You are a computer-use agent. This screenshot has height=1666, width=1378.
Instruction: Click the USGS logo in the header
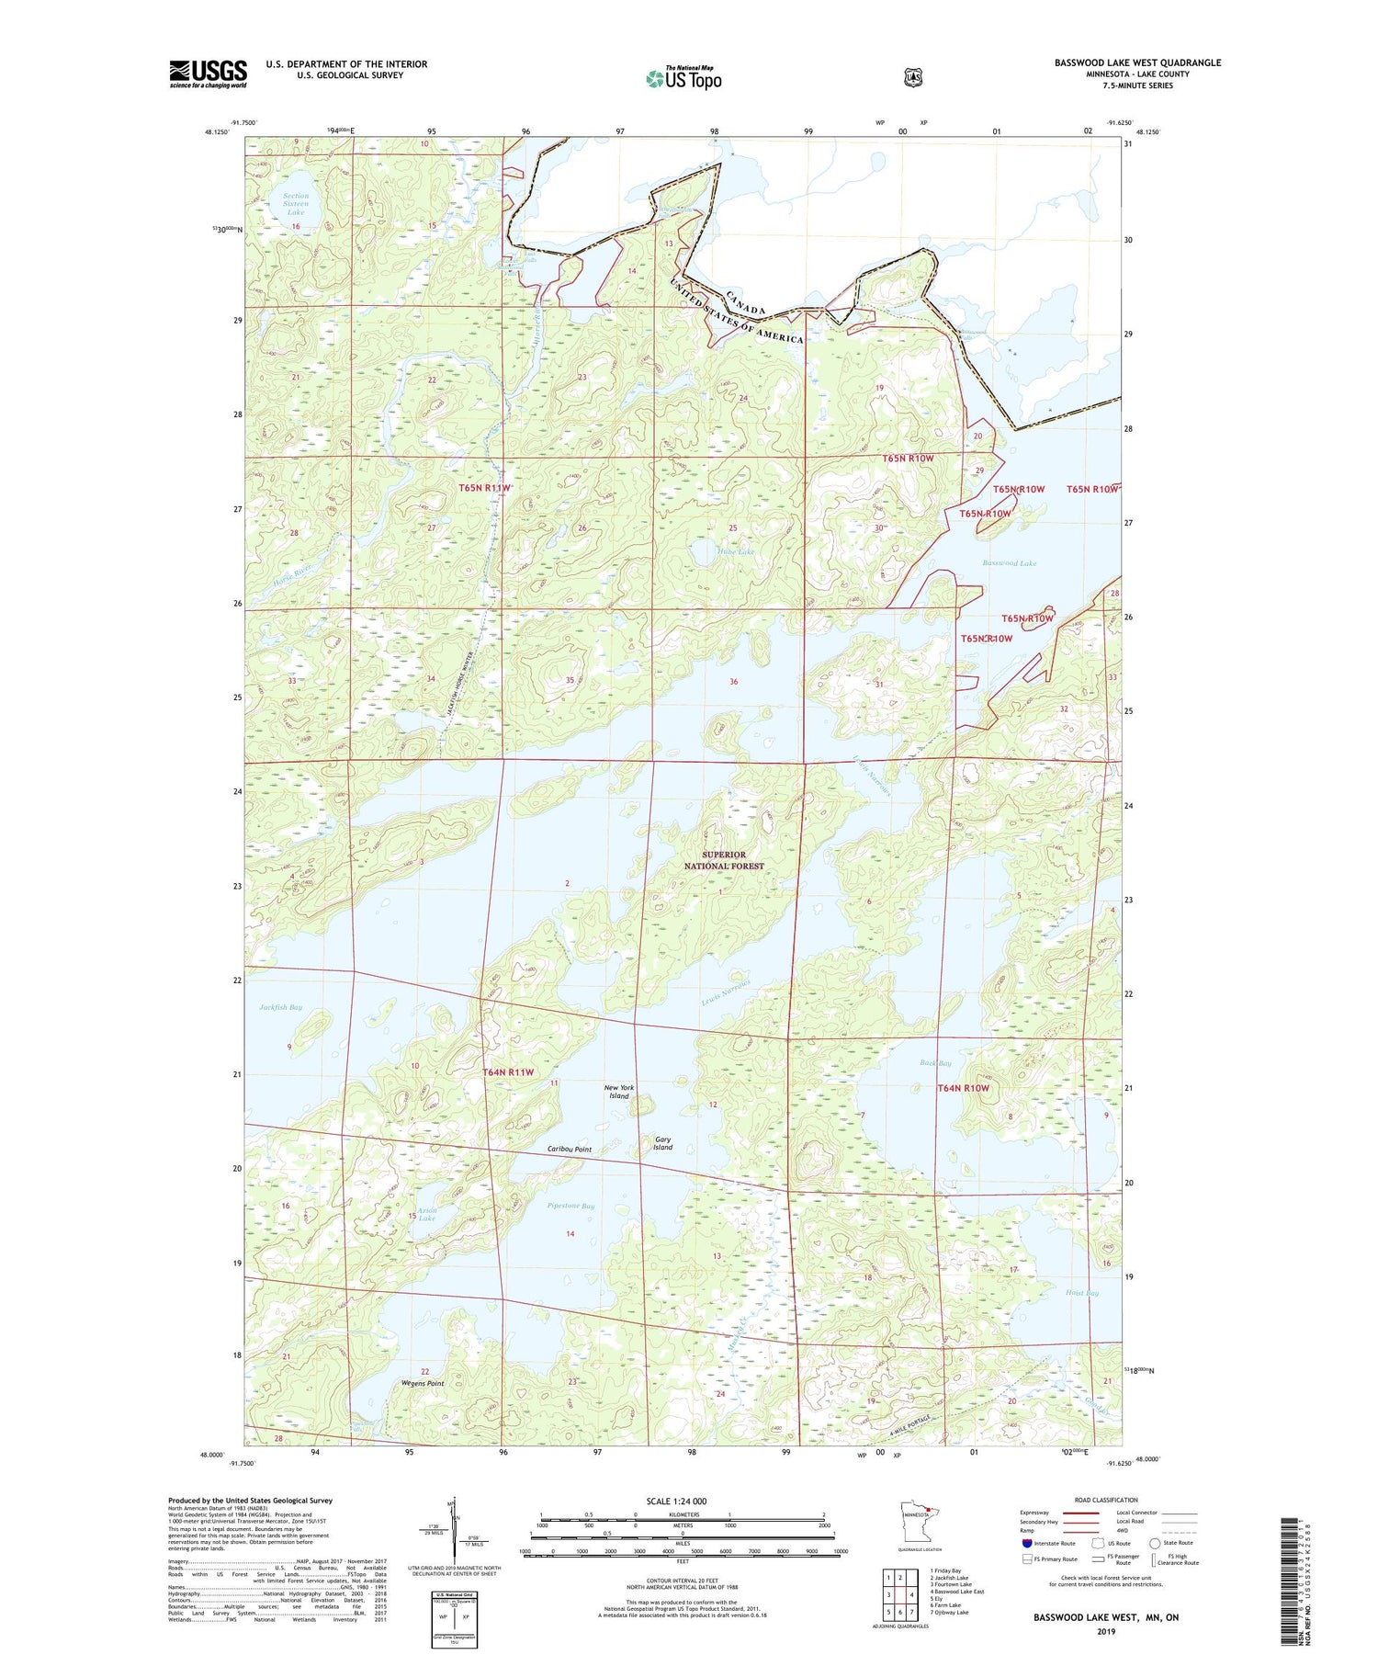[208, 74]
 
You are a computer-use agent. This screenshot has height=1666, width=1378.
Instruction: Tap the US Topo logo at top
[683, 78]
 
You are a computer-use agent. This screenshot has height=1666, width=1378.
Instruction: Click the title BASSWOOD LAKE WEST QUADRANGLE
[1137, 62]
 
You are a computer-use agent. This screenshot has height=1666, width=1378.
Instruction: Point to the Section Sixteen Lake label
[296, 204]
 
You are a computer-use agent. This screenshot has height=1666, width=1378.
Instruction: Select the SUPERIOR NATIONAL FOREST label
[724, 860]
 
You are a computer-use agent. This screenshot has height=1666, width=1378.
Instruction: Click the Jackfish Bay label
[280, 1007]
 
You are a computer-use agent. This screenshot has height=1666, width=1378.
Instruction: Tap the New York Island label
[618, 1092]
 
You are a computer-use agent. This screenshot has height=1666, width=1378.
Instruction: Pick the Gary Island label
[662, 1143]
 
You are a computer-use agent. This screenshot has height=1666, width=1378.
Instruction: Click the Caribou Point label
[570, 1150]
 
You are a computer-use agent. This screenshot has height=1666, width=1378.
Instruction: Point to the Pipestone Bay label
[570, 1206]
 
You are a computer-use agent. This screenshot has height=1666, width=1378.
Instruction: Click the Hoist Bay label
[1081, 1293]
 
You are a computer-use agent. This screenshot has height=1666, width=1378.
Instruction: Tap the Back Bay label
[935, 1063]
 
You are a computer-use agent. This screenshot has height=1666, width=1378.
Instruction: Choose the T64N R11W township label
[508, 1072]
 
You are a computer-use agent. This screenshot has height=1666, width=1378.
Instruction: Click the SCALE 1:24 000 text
[676, 1502]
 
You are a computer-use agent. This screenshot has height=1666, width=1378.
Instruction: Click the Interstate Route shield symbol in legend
[1026, 1543]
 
